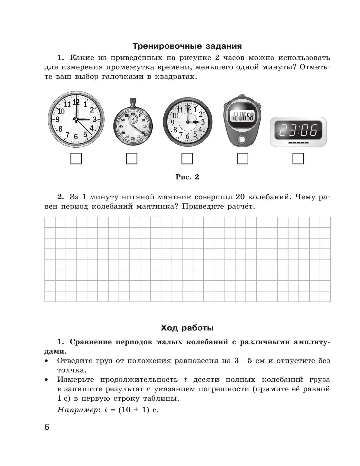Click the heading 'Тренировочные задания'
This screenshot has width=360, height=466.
[x=187, y=46]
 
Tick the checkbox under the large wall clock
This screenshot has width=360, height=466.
[x=76, y=159]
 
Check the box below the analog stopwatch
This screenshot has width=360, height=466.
[x=132, y=159]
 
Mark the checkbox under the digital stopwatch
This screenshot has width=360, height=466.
[x=242, y=159]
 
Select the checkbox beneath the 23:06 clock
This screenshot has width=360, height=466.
[x=298, y=159]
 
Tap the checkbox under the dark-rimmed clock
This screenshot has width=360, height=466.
[x=187, y=159]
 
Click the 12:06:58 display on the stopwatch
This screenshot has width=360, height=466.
[x=242, y=116]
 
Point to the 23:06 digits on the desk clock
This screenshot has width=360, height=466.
[x=298, y=131]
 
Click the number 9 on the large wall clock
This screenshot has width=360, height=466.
[x=57, y=119]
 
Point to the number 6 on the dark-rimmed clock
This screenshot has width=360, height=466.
[x=187, y=136]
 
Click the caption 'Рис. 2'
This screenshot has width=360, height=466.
[x=187, y=177]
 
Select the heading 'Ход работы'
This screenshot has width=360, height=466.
[x=187, y=328]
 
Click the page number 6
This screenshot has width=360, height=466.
[x=47, y=427]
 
